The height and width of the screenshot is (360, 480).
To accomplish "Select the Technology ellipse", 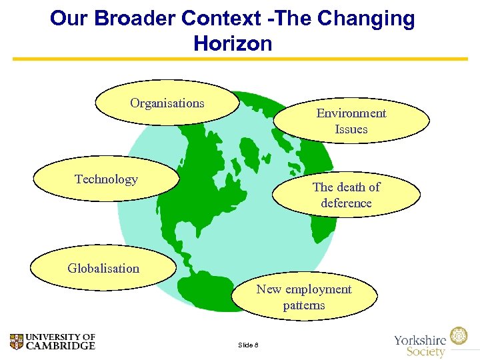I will [106, 179].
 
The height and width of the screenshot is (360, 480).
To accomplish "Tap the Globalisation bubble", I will [103, 269].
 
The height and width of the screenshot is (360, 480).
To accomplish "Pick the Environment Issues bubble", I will [351, 121].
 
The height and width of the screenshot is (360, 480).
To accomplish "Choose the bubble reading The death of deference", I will [346, 195].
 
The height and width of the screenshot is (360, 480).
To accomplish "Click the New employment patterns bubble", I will [304, 297].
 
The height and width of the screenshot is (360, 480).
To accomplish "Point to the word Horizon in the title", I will [233, 44].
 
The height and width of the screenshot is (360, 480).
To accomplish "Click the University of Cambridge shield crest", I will [17, 342].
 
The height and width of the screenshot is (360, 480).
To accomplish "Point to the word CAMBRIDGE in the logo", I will [61, 346].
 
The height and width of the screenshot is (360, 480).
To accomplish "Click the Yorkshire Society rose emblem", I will [459, 335].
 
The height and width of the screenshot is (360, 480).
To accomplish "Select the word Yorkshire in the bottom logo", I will [420, 339].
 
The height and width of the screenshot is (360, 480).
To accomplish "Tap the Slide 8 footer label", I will [248, 345].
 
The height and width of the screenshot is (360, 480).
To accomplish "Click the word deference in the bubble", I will [346, 203].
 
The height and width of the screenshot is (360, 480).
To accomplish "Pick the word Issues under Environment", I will [351, 129].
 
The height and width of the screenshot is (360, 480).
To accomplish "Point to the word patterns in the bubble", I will [304, 305].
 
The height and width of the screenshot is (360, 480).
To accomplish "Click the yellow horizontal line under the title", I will [240, 59].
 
